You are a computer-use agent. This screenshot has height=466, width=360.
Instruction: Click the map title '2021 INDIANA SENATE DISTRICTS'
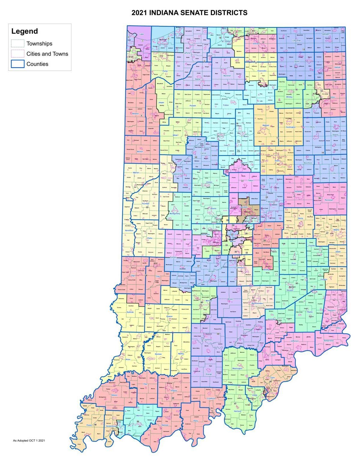pyautogui.click(x=189, y=13)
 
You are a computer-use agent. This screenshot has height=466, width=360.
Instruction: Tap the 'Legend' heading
pyautogui.click(x=25, y=31)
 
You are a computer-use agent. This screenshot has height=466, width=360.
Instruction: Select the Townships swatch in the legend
pyautogui.click(x=18, y=44)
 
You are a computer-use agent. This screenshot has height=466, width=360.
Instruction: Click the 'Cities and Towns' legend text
pyautogui.click(x=47, y=54)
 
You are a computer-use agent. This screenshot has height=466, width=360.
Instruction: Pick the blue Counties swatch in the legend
pyautogui.click(x=18, y=64)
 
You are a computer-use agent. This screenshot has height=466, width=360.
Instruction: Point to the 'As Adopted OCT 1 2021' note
pyautogui.click(x=29, y=440)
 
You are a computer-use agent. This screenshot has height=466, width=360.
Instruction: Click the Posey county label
pyautogui.click(x=89, y=425)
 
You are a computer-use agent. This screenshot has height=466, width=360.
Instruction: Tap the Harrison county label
pyautogui.click(x=238, y=411)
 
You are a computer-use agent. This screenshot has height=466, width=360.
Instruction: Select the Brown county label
pyautogui.click(x=230, y=299)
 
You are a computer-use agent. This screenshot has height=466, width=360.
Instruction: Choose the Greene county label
pyautogui.click(x=169, y=316)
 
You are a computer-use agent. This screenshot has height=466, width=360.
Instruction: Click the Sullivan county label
pyautogui.click(x=130, y=312)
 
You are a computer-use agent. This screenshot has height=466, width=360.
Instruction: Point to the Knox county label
pyautogui.click(x=128, y=359)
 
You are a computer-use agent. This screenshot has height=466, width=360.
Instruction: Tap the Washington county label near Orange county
pyautogui.click(x=237, y=368)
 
